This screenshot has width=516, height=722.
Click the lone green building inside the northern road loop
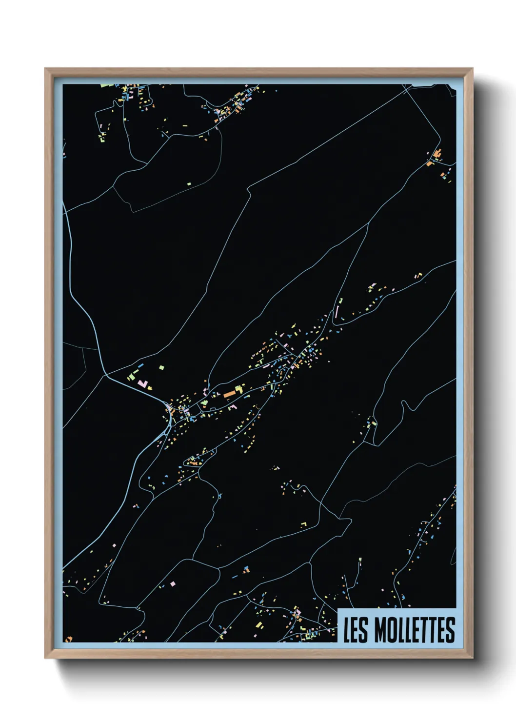[189, 184]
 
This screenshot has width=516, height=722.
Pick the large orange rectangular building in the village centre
[229, 393]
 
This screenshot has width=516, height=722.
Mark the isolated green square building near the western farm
[161, 367]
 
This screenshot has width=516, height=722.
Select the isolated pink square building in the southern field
[173, 583]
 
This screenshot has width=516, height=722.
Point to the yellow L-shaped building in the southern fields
[304, 524]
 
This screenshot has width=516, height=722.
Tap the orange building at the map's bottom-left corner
[69, 639]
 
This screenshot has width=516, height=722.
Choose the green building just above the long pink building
[341, 301]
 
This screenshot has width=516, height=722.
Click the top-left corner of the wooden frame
[45, 69]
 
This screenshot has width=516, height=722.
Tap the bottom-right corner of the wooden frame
[472, 658]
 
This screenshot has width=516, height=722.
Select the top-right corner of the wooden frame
[472, 69]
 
